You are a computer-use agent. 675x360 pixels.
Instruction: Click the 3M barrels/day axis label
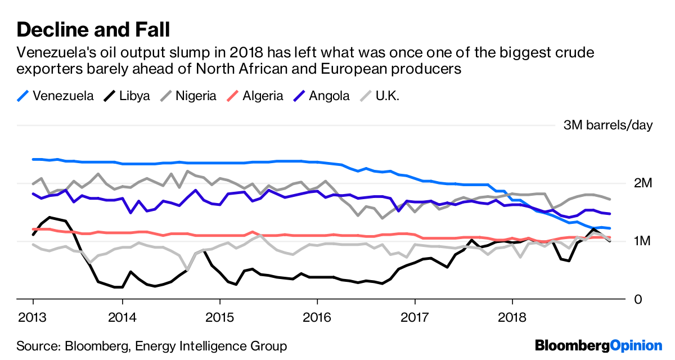click(608, 125)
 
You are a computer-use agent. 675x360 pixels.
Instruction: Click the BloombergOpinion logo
click(598, 345)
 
